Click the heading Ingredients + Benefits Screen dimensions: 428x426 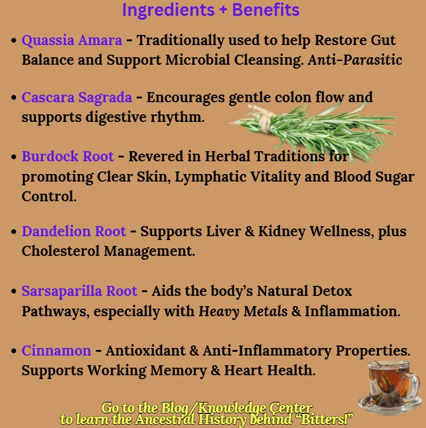click(x=210, y=11)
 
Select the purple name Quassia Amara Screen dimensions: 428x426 click(x=72, y=40)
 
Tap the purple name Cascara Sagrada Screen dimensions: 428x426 click(x=77, y=98)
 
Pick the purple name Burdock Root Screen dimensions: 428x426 click(x=68, y=156)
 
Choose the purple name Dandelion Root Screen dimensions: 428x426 click(x=74, y=232)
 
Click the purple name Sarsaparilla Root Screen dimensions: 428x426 click(x=79, y=291)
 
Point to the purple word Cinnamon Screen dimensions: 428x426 click(x=56, y=351)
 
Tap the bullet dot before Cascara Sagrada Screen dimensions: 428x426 click(x=14, y=98)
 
